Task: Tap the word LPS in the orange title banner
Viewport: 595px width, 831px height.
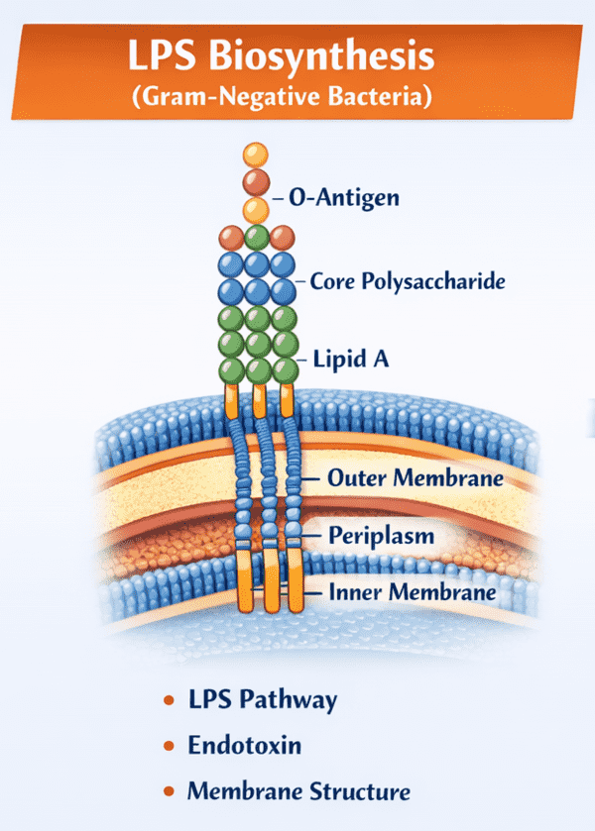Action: click(x=167, y=56)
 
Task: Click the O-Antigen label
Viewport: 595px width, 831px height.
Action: click(x=343, y=198)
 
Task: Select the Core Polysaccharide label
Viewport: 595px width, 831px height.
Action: click(x=408, y=281)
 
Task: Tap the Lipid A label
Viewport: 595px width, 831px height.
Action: click(x=350, y=360)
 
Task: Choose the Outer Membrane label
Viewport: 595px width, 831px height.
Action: click(x=415, y=478)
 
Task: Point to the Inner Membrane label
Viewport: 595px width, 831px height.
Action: click(x=412, y=593)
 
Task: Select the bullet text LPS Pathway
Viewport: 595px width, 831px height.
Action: click(x=263, y=700)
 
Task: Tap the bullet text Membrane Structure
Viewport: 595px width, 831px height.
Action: click(x=298, y=791)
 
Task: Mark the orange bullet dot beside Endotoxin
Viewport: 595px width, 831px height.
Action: click(x=169, y=747)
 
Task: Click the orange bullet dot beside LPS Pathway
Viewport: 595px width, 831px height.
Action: click(x=169, y=701)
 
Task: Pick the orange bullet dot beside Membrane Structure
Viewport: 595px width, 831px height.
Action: click(x=169, y=792)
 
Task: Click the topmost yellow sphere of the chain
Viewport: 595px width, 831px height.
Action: click(x=256, y=155)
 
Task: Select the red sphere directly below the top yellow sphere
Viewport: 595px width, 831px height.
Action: click(x=256, y=181)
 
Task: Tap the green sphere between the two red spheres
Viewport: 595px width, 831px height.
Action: click(x=257, y=238)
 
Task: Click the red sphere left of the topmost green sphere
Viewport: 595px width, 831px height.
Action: click(x=231, y=238)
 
